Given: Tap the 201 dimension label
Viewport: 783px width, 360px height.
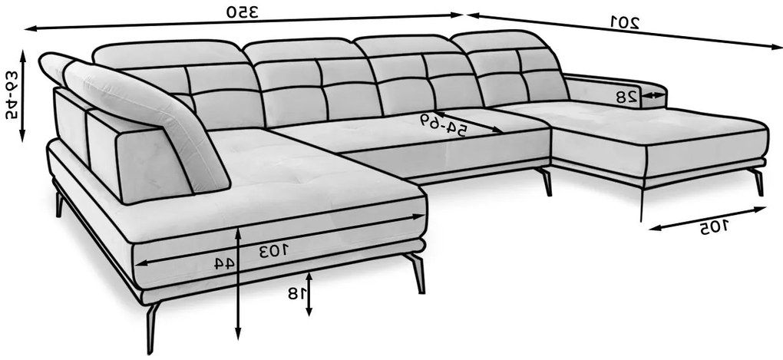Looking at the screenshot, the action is (x=625, y=21).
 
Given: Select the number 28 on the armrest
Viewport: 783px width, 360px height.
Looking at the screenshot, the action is (x=627, y=97).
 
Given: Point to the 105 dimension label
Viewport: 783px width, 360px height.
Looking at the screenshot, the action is (x=714, y=228).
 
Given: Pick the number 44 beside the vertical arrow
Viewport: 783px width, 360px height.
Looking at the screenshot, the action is (x=224, y=263).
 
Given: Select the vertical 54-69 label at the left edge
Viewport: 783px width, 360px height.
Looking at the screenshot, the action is (x=11, y=94).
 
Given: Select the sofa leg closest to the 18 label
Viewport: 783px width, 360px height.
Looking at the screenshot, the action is (x=417, y=272).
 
